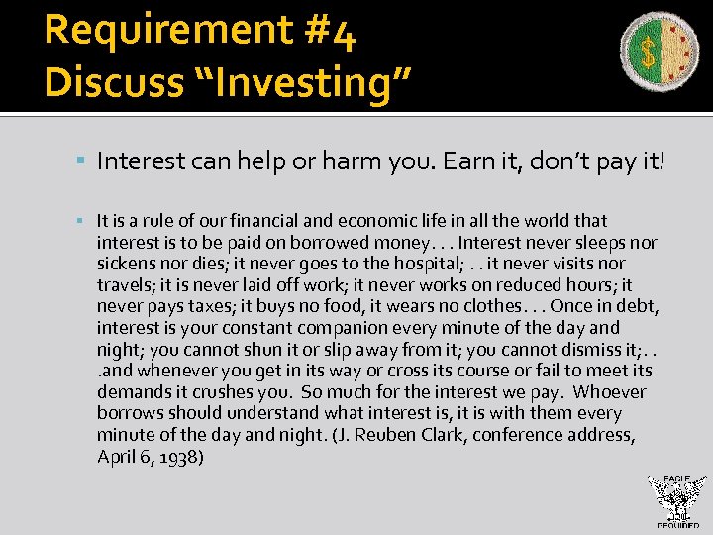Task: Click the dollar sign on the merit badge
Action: pos(649,53)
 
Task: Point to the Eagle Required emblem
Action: pos(676,501)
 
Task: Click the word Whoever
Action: pos(609,392)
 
